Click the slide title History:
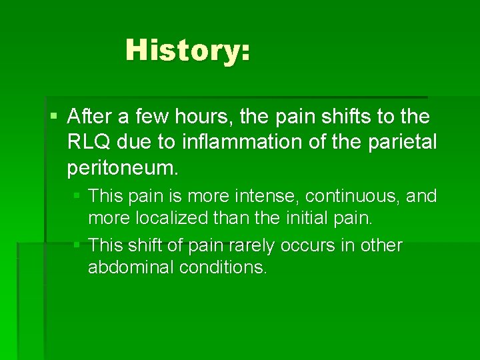coord(188,50)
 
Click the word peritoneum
coord(123,168)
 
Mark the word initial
coord(316,218)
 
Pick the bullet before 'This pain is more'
coord(77,196)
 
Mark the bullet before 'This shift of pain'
coord(77,245)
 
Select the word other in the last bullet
coord(380,245)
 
